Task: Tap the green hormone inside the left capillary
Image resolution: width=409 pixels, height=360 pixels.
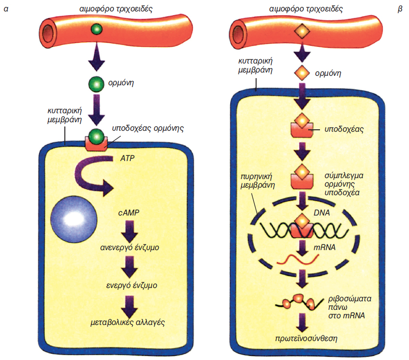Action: tap(96, 30)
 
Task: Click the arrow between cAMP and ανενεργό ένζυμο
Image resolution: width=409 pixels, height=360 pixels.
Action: tap(129, 230)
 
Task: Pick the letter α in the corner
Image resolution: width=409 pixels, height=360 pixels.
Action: tap(6, 8)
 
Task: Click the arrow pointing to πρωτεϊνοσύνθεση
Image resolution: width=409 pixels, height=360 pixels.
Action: tap(302, 324)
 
